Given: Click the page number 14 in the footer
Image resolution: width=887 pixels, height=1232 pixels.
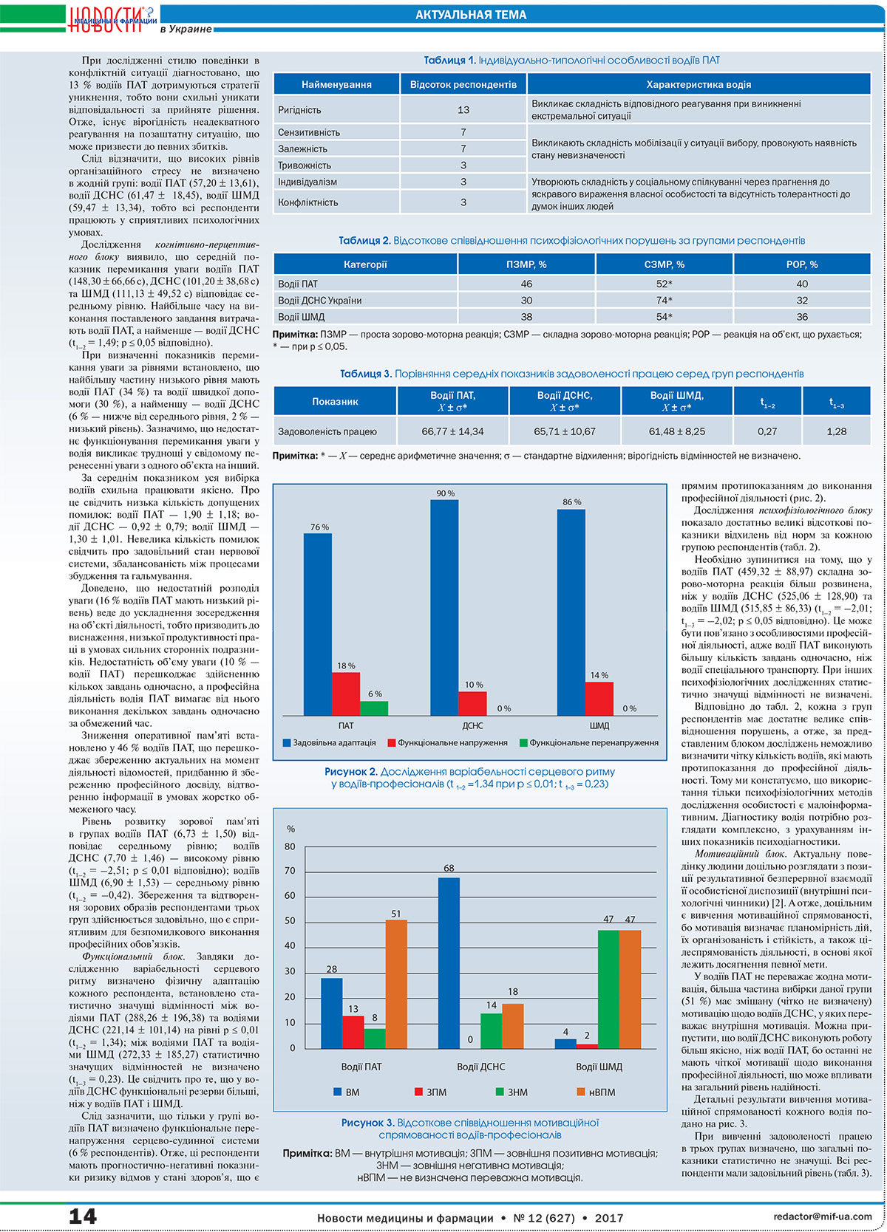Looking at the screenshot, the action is [x=83, y=1216].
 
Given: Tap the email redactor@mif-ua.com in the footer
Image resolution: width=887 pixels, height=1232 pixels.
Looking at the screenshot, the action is [x=822, y=1216].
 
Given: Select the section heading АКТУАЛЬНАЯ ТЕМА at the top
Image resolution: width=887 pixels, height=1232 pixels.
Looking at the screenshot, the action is [x=470, y=15].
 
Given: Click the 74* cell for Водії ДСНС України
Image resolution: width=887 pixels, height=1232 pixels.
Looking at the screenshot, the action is [x=665, y=301].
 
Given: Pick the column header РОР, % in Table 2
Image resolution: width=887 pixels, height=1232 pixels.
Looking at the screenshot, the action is [x=802, y=264].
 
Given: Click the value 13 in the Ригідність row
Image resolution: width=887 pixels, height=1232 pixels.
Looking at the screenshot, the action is [x=463, y=110].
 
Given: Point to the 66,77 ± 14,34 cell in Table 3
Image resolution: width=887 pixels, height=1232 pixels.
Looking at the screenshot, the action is [x=452, y=432].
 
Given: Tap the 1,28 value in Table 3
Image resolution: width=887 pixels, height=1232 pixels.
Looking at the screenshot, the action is [x=837, y=432].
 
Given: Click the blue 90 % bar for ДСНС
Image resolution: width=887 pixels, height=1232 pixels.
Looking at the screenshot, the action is [x=444, y=607].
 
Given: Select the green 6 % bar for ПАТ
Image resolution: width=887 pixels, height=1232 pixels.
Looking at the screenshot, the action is [x=374, y=708].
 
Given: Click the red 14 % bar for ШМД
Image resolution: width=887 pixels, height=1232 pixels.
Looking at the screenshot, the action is [x=599, y=699].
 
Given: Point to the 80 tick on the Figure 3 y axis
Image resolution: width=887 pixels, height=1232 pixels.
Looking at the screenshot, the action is [x=290, y=846].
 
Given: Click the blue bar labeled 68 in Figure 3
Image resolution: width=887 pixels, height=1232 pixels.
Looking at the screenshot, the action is [x=449, y=963].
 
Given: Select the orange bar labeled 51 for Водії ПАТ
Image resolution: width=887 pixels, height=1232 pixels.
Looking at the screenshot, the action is [x=396, y=985].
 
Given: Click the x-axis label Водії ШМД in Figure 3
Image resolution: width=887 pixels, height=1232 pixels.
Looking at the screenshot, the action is [x=599, y=1067].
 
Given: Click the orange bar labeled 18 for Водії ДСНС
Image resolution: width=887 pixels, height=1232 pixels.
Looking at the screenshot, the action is [x=513, y=1027].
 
